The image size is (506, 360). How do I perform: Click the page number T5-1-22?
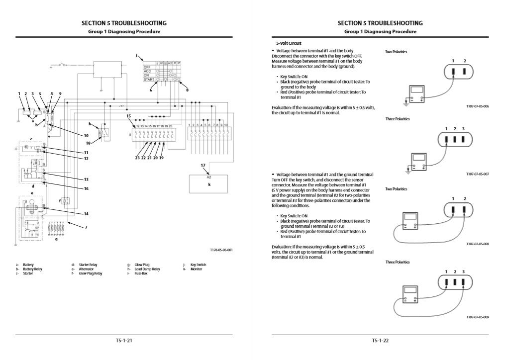click(x=380, y=341)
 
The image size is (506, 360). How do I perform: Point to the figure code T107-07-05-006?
click(x=478, y=106)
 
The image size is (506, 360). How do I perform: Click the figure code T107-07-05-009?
click(x=478, y=317)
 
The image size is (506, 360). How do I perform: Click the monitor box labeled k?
click(x=209, y=184)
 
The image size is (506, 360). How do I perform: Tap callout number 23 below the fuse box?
click(x=137, y=158)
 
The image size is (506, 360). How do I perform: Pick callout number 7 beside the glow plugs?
click(x=86, y=227)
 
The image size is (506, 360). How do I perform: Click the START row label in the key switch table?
click(x=148, y=79)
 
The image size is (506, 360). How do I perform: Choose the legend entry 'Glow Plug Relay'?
click(x=91, y=274)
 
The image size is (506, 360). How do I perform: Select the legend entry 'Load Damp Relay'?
click(x=147, y=270)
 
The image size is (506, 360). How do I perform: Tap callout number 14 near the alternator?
click(x=86, y=214)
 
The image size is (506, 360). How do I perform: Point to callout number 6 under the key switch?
click(x=151, y=90)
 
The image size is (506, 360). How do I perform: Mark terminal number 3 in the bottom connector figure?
click(x=463, y=271)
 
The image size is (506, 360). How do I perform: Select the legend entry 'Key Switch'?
click(x=198, y=265)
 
